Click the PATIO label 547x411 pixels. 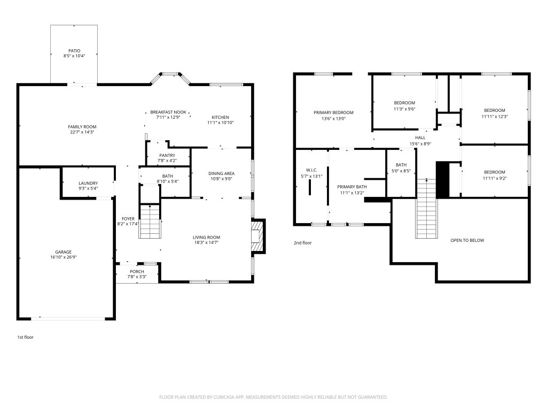(74, 51)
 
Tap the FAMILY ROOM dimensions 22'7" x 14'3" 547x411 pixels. (82, 132)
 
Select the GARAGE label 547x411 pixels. (63, 252)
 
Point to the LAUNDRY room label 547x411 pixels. (88, 183)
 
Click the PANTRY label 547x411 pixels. (167, 156)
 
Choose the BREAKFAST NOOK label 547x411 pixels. (168, 112)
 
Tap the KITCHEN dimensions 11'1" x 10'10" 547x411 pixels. (221, 123)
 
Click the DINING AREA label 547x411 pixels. (222, 173)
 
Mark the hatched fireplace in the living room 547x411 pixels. (258, 236)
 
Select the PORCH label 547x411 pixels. (137, 271)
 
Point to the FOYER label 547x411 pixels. (128, 219)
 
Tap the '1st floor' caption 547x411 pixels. (26, 337)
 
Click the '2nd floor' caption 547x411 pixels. (303, 243)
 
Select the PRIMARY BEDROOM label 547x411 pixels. (333, 112)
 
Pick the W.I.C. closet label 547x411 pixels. (311, 170)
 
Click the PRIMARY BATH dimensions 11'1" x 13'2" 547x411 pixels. (352, 193)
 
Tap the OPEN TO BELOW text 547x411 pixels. (467, 240)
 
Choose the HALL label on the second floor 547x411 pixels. (420, 138)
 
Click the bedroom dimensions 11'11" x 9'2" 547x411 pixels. (495, 178)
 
